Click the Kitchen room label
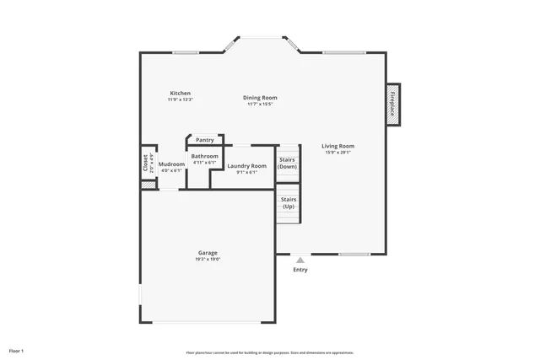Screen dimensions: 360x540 point(180,93)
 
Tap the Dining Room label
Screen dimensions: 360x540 point(260,98)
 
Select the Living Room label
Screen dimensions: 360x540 point(337,146)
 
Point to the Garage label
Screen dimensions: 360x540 point(208,253)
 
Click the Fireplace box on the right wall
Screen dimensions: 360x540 point(392,105)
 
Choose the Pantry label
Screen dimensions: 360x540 point(204,140)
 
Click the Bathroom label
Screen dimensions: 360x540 point(204,156)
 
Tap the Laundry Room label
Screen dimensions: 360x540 point(246,166)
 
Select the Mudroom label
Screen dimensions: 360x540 point(171,164)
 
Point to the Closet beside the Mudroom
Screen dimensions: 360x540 point(145,163)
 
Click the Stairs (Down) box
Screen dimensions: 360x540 point(288,163)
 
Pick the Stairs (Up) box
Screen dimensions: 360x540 point(289,203)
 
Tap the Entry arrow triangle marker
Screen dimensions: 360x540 point(300,261)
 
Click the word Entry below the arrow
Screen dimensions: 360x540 point(300,270)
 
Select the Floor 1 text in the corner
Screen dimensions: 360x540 point(17,350)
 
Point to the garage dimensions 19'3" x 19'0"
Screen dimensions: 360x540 point(208,260)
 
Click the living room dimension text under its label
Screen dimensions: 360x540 point(337,153)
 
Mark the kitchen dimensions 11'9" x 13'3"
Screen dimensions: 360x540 point(180,99)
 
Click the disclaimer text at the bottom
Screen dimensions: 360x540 point(270,352)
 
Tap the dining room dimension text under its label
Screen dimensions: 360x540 point(260,105)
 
